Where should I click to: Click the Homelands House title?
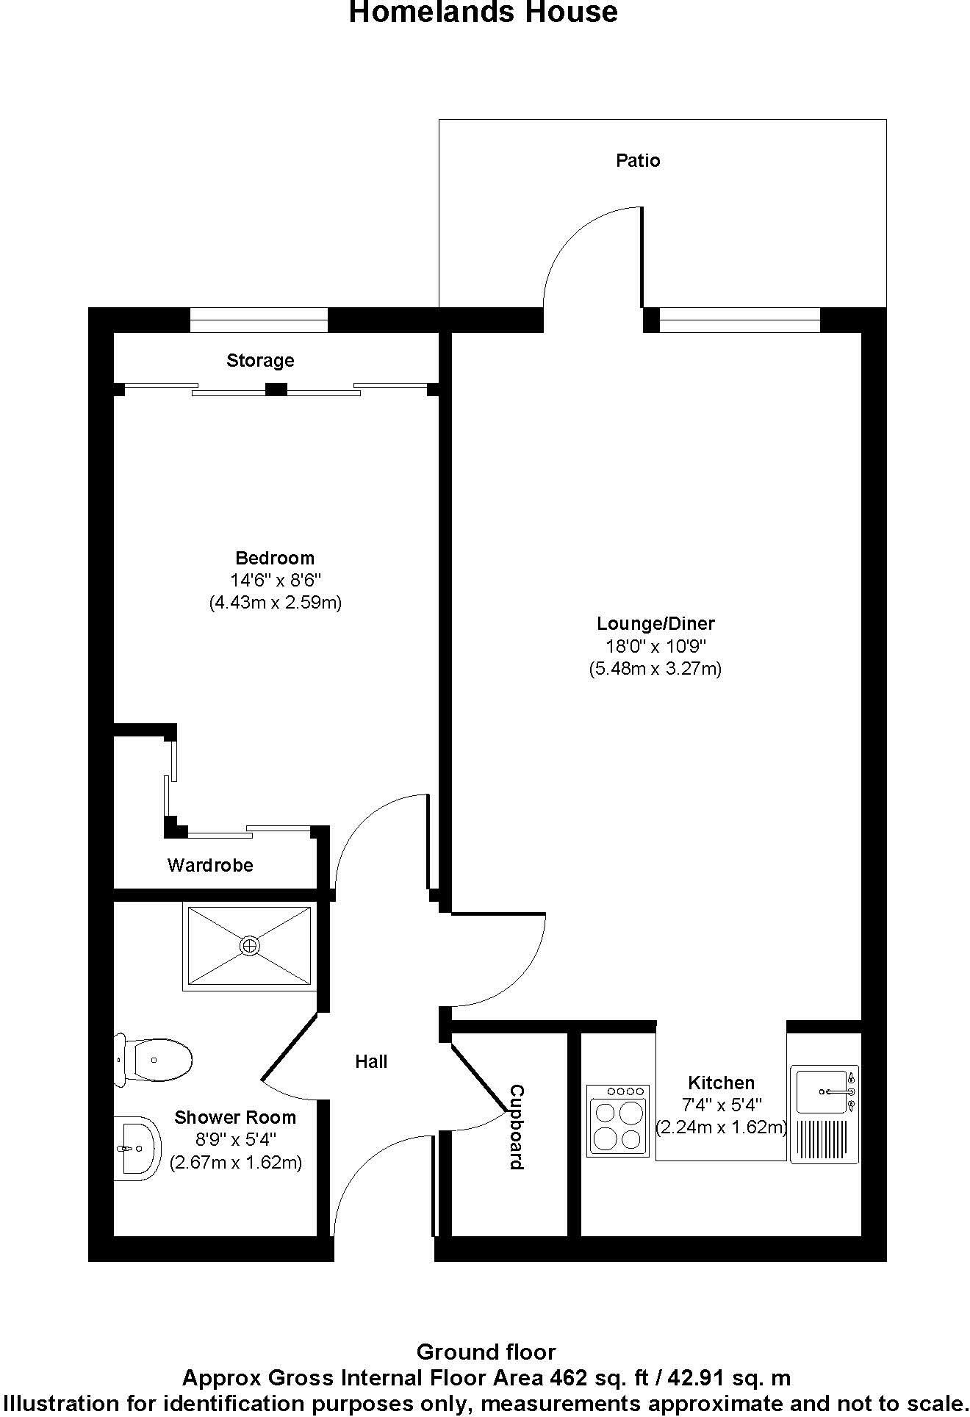(x=483, y=12)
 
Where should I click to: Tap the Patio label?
(x=638, y=160)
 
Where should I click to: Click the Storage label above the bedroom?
(x=260, y=360)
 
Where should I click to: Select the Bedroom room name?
(x=275, y=557)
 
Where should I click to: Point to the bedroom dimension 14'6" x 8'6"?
(x=276, y=580)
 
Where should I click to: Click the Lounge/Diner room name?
(x=655, y=623)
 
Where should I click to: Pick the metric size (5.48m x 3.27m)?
(x=655, y=669)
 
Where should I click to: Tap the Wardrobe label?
(x=210, y=865)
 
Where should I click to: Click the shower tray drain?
(x=250, y=946)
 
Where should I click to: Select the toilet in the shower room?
(x=154, y=1059)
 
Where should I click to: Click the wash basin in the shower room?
(x=137, y=1148)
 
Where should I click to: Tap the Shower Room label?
(x=235, y=1117)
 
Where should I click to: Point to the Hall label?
(x=371, y=1061)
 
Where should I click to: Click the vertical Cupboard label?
(x=517, y=1127)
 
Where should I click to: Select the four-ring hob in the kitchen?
(x=618, y=1122)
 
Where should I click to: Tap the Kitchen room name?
(x=721, y=1083)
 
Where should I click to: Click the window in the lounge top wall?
(x=739, y=320)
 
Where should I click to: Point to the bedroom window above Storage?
(x=259, y=320)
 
